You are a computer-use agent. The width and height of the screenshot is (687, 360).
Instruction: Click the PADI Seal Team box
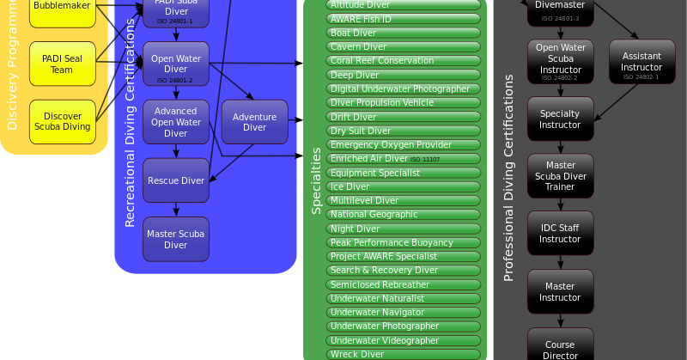pos(62,64)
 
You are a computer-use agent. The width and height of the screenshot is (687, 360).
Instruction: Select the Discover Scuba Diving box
pos(62,121)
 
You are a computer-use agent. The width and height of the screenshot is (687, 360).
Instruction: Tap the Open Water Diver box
pos(175,64)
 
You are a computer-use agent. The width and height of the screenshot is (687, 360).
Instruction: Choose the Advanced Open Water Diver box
pos(175,122)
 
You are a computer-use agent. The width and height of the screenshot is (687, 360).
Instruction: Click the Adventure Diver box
pos(254,122)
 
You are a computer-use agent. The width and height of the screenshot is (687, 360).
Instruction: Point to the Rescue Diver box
pos(175,180)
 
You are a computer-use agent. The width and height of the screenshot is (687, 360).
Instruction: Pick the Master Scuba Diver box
pos(175,239)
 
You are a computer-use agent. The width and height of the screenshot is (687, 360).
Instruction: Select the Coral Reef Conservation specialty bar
pos(404,61)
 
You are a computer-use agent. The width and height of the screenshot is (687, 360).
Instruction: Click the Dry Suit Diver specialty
pos(404,131)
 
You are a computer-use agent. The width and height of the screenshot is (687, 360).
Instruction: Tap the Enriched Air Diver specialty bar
pos(404,159)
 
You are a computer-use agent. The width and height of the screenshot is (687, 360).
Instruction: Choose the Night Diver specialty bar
pos(404,229)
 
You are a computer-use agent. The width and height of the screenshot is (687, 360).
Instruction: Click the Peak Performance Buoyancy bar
pos(404,242)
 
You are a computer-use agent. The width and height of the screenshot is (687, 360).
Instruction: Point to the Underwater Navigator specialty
pos(404,312)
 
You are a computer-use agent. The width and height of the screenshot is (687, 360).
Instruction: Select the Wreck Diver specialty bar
pos(404,354)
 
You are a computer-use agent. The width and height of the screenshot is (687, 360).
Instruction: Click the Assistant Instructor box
pos(641,62)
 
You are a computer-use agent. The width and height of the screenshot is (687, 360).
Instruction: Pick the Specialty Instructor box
pos(560,119)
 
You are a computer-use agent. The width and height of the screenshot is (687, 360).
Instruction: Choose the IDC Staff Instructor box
pos(560,234)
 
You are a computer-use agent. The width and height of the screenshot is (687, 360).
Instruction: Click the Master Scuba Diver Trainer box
pos(560,176)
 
